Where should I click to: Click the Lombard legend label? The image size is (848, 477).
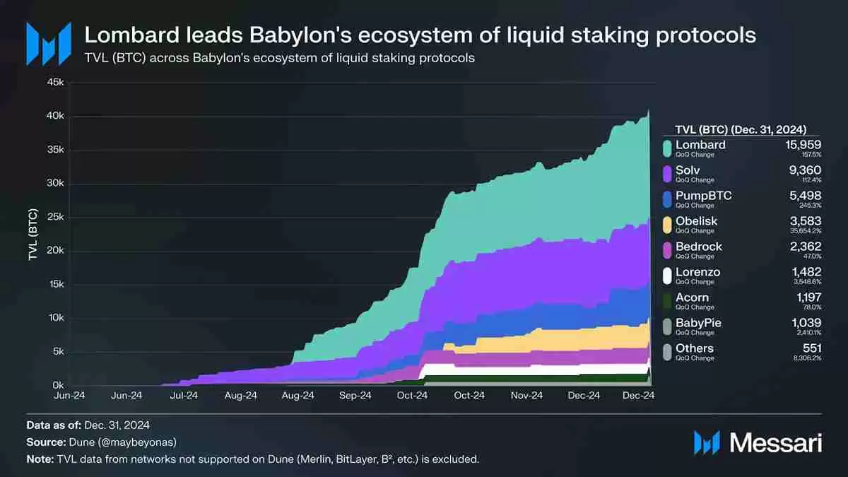click(700, 145)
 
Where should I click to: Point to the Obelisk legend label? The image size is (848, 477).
click(696, 221)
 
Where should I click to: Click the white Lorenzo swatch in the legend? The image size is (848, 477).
click(666, 275)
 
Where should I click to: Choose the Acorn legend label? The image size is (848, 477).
click(692, 298)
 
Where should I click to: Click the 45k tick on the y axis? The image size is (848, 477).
click(55, 83)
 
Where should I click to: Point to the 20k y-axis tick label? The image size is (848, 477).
click(55, 251)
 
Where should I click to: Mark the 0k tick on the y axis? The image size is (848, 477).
click(57, 386)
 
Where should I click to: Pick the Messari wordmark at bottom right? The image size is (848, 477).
click(775, 443)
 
